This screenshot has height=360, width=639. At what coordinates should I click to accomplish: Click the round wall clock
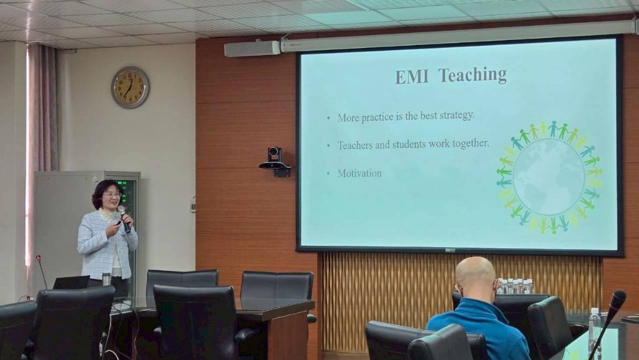click(x=130, y=87)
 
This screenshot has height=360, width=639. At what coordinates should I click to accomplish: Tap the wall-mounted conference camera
click(x=275, y=161)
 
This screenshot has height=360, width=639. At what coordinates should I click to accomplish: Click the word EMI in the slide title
click(x=412, y=76)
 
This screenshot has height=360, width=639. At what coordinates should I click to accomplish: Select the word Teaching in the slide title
click(x=472, y=75)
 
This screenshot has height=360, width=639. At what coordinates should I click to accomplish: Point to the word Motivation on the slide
click(x=359, y=173)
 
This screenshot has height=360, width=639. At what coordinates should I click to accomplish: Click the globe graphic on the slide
click(x=549, y=177)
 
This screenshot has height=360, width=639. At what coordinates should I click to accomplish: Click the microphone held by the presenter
click(x=124, y=219)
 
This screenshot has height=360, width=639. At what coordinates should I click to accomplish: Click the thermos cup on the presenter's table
click(x=106, y=279)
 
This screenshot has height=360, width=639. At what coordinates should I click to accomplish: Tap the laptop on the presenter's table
click(x=71, y=282)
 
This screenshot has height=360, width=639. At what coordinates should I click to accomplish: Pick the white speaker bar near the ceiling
click(x=252, y=49)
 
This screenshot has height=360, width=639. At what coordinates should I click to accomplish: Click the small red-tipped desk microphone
click(x=41, y=271)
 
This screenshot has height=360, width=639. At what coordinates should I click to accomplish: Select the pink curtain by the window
click(x=42, y=139)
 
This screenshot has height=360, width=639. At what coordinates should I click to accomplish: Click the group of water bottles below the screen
click(x=514, y=286)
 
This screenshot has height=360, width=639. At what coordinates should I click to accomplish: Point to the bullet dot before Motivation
click(x=328, y=174)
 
